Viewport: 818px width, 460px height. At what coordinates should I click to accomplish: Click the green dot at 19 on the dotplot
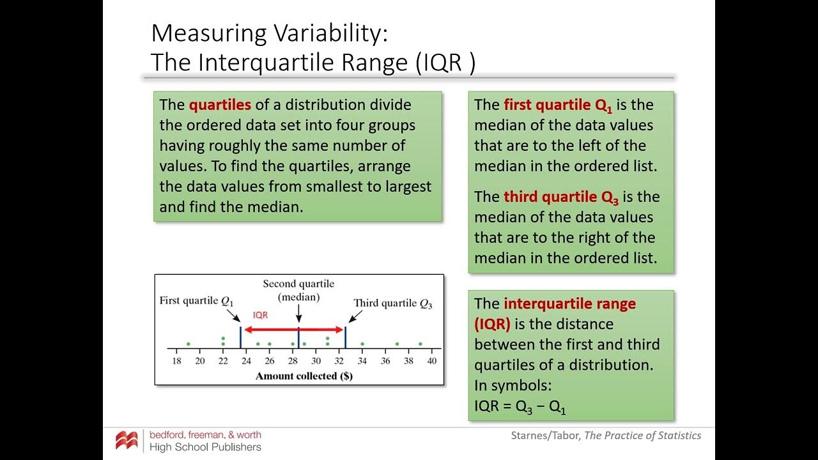point(189,344)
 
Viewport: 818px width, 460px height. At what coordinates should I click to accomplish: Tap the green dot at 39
point(421,344)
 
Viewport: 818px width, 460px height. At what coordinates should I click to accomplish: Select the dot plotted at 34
point(362,344)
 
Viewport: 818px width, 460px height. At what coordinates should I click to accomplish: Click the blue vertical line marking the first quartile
point(240,337)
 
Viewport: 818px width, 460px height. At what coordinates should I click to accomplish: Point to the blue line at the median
point(298,337)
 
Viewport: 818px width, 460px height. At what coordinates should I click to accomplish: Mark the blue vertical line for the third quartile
point(345,337)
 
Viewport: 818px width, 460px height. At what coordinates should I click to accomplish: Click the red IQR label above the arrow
point(260,315)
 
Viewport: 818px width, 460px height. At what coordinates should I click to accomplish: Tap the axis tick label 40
point(432,361)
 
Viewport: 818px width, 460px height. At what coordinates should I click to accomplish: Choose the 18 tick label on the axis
point(177,361)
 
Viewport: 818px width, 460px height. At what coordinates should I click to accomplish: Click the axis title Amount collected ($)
point(304,376)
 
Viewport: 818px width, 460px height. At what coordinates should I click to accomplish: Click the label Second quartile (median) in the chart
point(298,290)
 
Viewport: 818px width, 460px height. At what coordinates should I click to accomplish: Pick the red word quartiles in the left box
point(220,105)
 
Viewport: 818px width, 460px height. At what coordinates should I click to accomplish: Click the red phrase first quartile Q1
point(557,105)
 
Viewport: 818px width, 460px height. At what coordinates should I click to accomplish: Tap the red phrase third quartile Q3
point(560,197)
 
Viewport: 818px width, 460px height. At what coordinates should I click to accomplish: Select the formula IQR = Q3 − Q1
point(520,406)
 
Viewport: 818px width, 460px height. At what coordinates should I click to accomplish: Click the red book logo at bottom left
point(127,440)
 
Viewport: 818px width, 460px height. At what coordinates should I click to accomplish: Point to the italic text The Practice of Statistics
point(643,436)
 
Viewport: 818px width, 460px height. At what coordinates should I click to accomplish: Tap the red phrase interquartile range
point(569,303)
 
